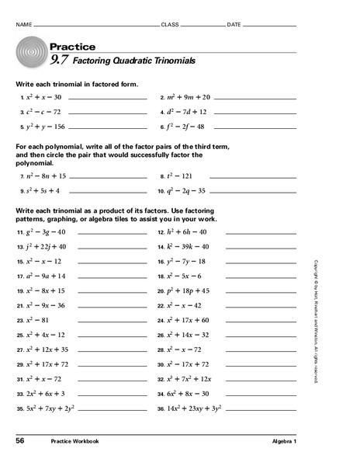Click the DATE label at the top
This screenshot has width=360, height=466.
pos(234,26)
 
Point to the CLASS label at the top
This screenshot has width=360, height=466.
pos(169,26)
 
